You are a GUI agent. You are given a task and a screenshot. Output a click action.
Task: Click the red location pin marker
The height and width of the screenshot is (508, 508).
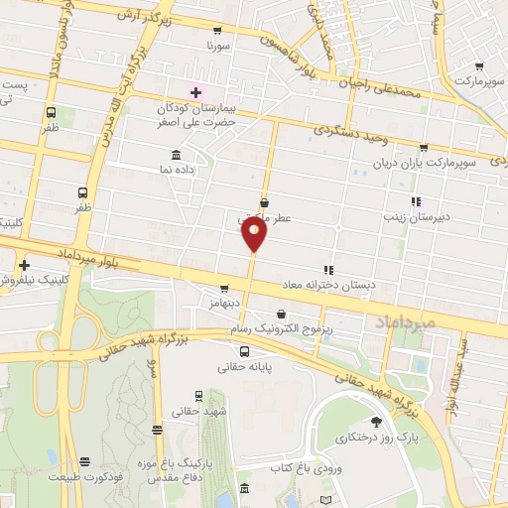coord(254,234)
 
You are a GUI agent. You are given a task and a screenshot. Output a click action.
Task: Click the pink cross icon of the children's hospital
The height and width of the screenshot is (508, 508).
coord(196,91)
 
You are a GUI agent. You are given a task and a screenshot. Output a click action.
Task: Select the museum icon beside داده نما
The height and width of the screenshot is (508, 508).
coord(176,156)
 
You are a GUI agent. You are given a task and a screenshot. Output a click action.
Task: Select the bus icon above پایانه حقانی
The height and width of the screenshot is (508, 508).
coord(245,350)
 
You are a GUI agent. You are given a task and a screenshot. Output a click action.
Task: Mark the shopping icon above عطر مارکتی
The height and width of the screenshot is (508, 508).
coord(264,202)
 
